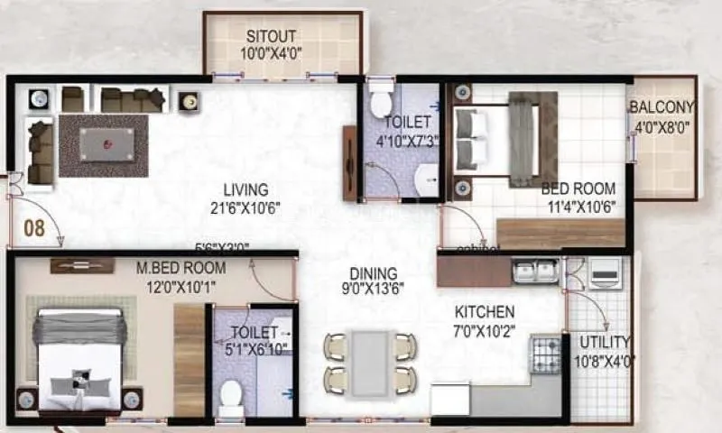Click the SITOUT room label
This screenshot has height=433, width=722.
(x=273, y=37)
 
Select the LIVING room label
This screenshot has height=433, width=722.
(x=246, y=190)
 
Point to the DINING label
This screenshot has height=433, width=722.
(x=374, y=273)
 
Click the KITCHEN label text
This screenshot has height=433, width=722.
(x=485, y=311)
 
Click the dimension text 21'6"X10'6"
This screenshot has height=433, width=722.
(x=240, y=207)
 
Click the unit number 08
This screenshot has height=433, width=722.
(x=34, y=228)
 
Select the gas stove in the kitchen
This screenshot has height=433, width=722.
(x=545, y=353)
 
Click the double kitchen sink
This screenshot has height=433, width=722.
(x=535, y=271)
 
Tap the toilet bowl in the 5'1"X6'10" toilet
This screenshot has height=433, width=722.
(x=231, y=394)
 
